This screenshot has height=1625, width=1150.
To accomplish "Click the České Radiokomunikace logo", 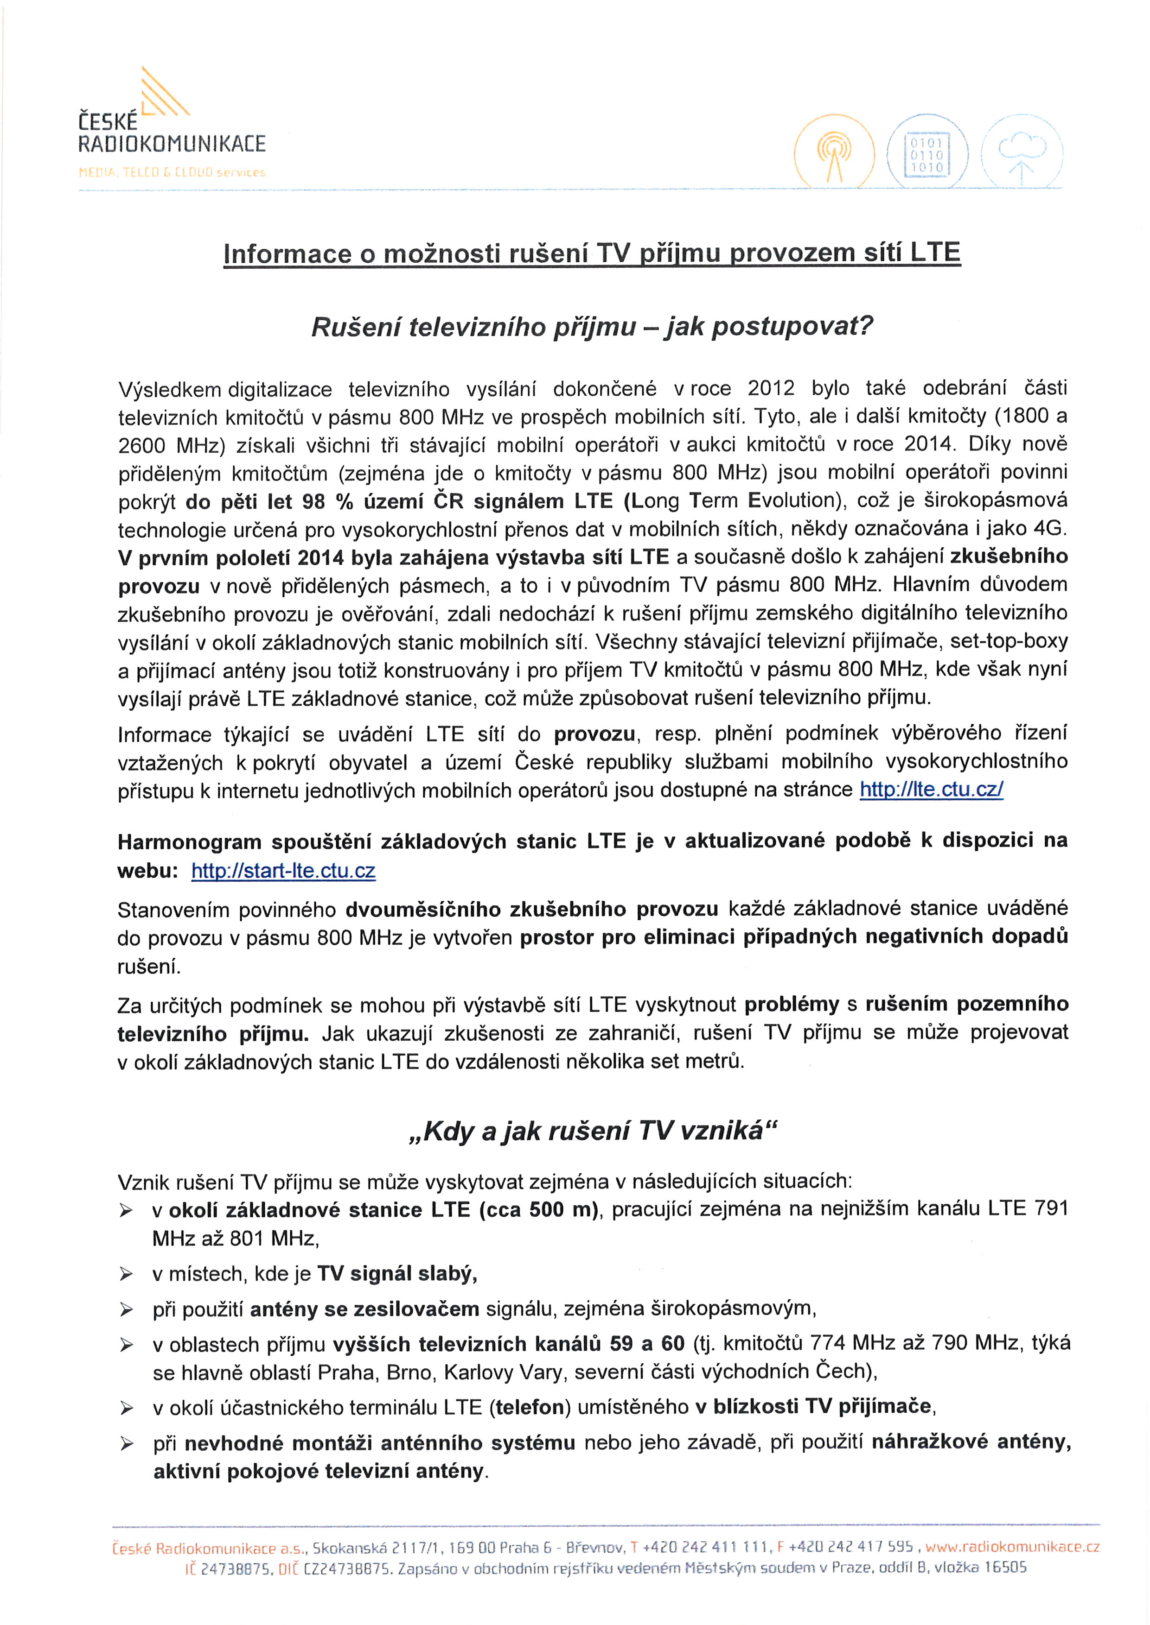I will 172,124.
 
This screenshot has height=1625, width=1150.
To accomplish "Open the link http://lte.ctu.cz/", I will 931,789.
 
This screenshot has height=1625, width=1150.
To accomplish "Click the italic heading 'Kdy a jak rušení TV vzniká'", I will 593,1132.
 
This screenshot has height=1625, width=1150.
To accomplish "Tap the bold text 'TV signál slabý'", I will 396,1274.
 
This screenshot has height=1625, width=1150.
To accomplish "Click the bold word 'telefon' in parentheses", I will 532,1406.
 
